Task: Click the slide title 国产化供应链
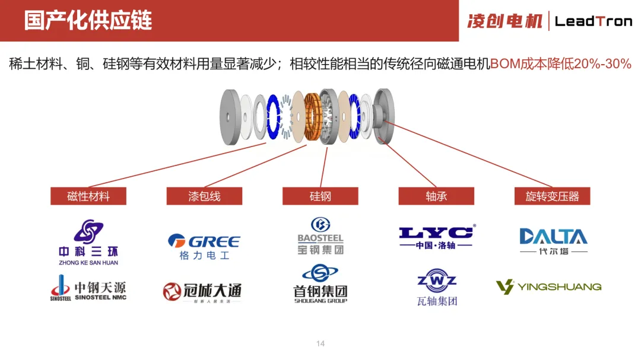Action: click(x=88, y=20)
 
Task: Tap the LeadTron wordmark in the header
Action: click(x=594, y=21)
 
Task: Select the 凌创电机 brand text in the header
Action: click(x=505, y=21)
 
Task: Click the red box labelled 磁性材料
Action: click(x=88, y=196)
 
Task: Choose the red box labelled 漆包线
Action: click(x=204, y=196)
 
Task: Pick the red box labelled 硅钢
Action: click(x=320, y=196)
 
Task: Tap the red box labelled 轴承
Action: click(x=436, y=196)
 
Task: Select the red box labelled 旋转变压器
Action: click(x=553, y=196)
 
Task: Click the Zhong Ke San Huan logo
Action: click(x=88, y=242)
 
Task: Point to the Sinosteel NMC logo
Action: click(x=88, y=288)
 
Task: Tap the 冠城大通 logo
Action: click(x=202, y=292)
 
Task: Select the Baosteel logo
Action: click(x=320, y=236)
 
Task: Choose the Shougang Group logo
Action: click(x=320, y=284)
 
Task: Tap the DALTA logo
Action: click(x=553, y=241)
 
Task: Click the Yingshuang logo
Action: click(x=549, y=287)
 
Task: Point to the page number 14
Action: click(x=320, y=344)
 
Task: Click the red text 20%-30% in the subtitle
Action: click(x=602, y=64)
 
